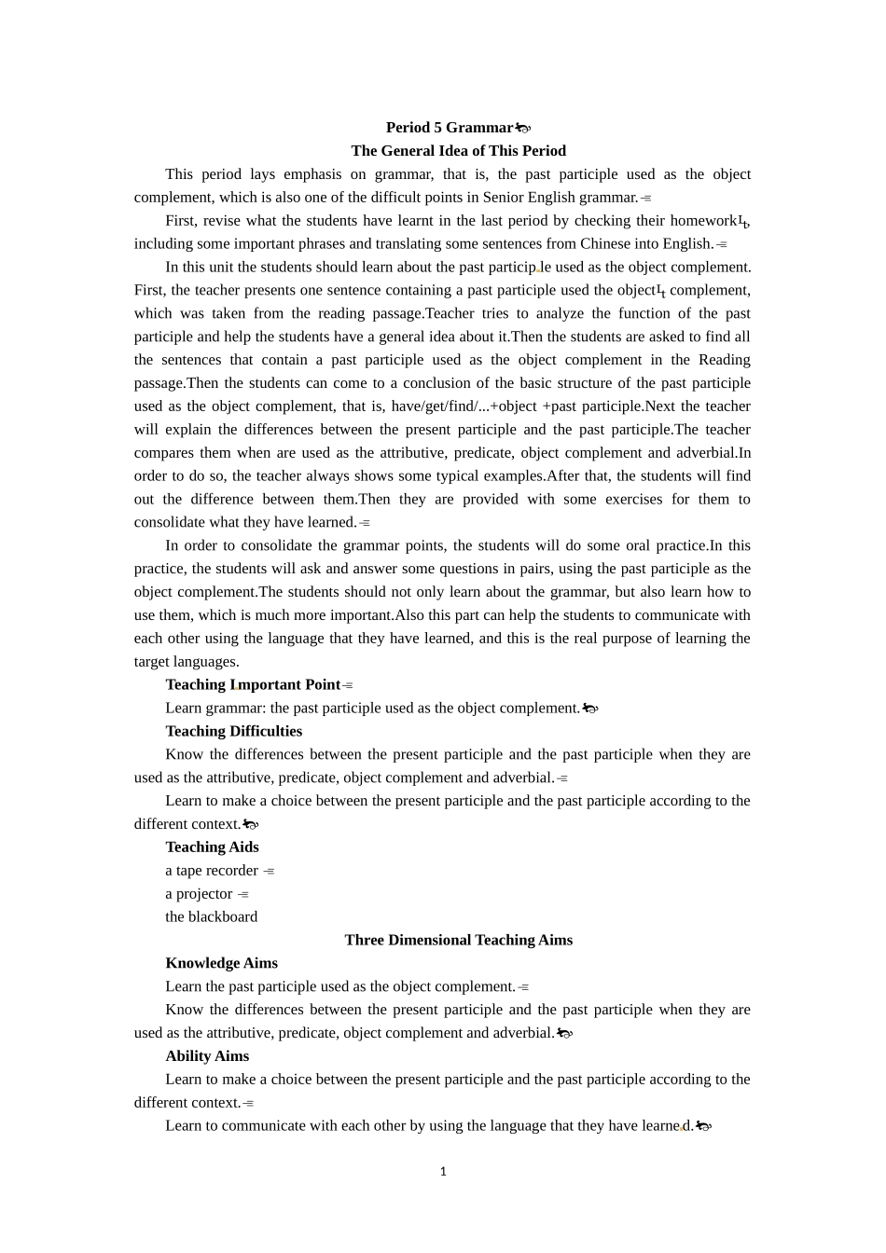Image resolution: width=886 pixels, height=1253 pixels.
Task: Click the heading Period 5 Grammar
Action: [x=450, y=128]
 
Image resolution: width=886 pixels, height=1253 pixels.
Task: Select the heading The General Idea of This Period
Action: [x=458, y=151]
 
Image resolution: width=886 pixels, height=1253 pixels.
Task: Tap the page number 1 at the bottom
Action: [x=443, y=1172]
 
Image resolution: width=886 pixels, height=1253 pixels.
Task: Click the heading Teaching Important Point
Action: [x=253, y=685]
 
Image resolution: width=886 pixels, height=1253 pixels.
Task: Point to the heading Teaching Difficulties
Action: [x=233, y=732]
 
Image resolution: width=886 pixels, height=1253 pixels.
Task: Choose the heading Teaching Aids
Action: [x=212, y=847]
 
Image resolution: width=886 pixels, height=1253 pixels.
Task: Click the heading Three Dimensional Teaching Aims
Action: [x=458, y=941]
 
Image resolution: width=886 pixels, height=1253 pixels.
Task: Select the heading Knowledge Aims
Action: [x=221, y=964]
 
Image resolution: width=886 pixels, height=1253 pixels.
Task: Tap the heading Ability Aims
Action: [x=207, y=1056]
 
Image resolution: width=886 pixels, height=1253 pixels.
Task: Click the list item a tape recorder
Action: [x=212, y=871]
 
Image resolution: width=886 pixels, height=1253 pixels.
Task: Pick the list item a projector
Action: [x=199, y=894]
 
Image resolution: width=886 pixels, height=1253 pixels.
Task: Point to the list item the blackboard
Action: [x=211, y=917]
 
